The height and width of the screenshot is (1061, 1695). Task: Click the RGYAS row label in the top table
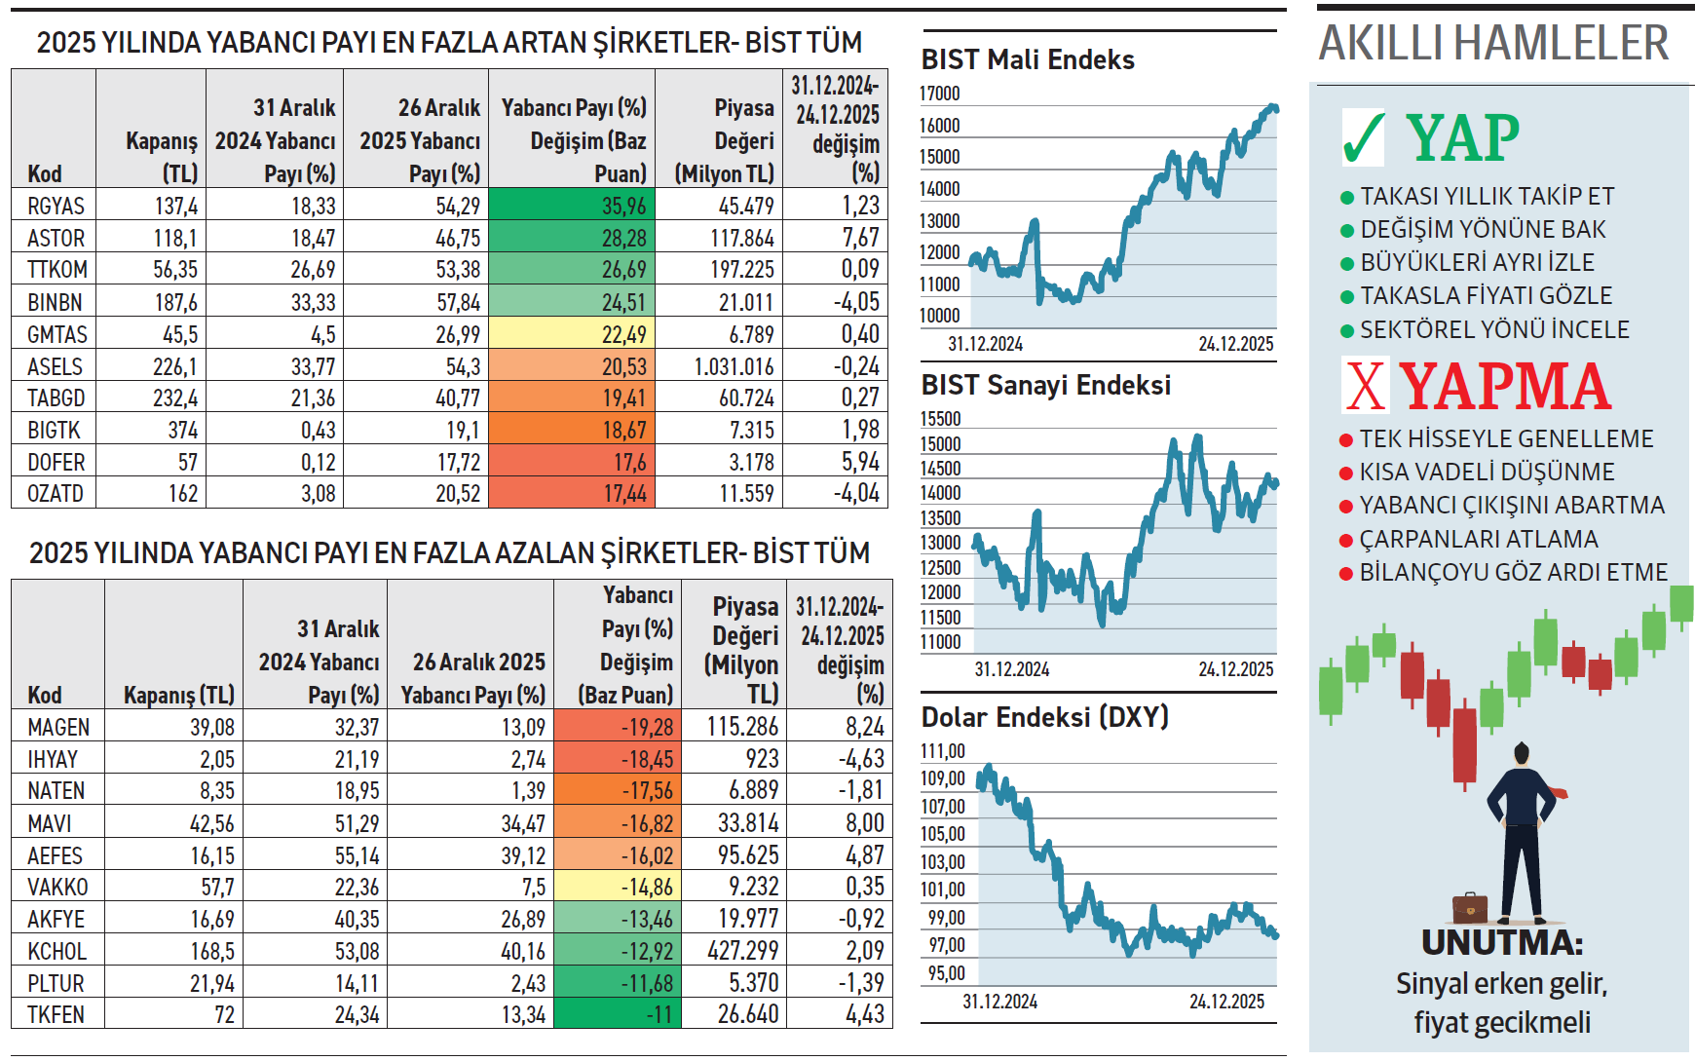click(56, 206)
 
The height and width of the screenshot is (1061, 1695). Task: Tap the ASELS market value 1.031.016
click(734, 366)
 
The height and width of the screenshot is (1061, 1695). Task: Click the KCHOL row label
click(56, 951)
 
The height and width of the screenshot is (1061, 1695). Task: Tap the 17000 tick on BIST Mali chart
click(940, 94)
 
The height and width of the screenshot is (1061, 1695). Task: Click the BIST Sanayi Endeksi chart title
click(1045, 385)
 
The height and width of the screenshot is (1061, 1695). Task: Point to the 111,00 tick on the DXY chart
click(943, 751)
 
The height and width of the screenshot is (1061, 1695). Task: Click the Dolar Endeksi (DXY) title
click(1044, 717)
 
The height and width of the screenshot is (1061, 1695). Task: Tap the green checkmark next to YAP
click(1363, 137)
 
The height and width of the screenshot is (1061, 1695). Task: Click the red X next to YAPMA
click(1366, 386)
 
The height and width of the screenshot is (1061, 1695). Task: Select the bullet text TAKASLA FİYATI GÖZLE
click(1486, 295)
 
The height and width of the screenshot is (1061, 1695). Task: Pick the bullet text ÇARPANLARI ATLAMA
click(1478, 539)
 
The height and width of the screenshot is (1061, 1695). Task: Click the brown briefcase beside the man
click(1470, 907)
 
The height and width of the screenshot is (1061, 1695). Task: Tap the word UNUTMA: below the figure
click(1501, 942)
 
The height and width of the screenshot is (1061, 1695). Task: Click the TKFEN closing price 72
click(224, 1014)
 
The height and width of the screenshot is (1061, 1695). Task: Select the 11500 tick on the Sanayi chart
click(940, 618)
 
